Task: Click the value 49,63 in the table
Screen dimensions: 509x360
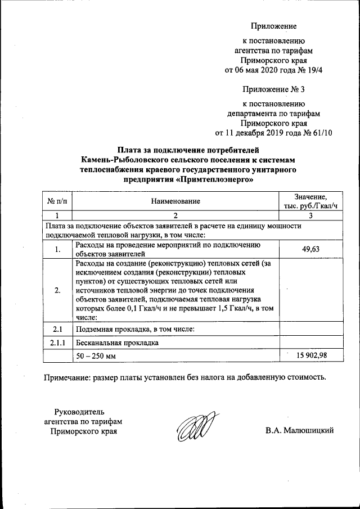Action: tap(310, 249)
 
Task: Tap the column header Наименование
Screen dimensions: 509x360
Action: tap(175, 201)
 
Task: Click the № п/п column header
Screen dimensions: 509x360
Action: tap(57, 201)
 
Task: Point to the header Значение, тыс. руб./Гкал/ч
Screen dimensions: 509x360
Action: tap(310, 201)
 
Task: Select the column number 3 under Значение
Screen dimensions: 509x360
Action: tap(310, 215)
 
